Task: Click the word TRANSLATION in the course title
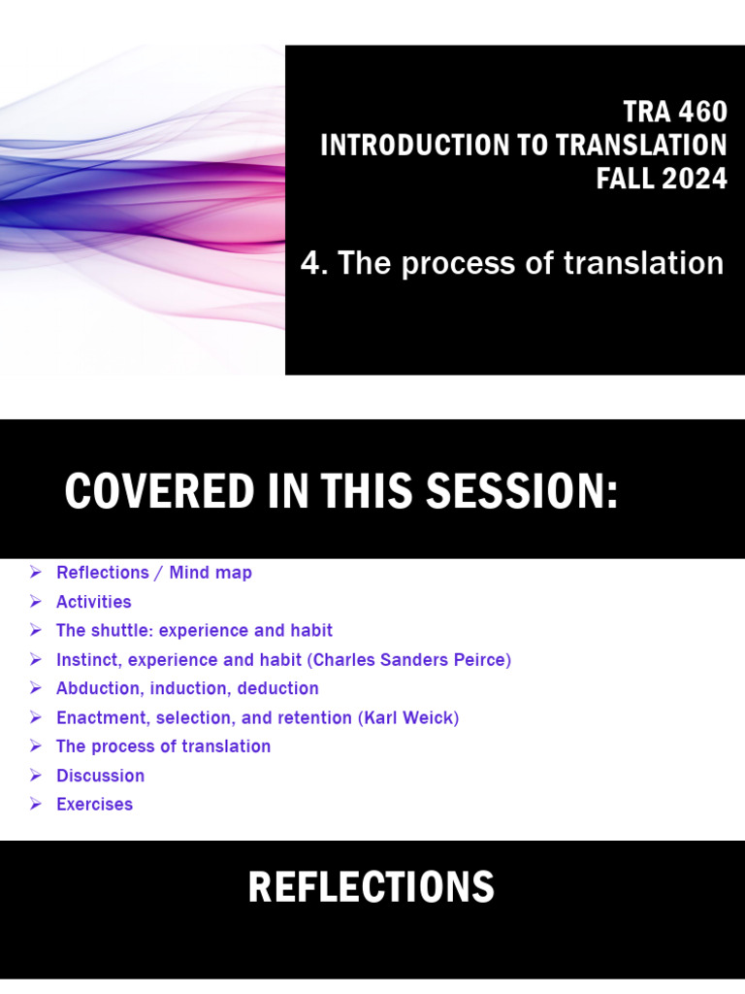coord(641,146)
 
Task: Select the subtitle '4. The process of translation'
coord(512,262)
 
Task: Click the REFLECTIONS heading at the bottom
coord(372,887)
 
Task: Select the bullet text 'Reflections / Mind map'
coord(153,573)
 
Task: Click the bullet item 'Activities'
coord(93,602)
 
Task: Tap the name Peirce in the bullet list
coord(478,660)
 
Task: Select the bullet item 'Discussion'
coord(100,776)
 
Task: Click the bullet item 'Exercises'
coord(94,804)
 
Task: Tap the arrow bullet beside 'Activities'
coord(36,602)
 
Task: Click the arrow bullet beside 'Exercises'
coord(36,804)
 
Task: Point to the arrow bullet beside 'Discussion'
coord(36,776)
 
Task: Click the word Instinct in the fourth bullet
coord(86,660)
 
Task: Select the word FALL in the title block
coord(622,179)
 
